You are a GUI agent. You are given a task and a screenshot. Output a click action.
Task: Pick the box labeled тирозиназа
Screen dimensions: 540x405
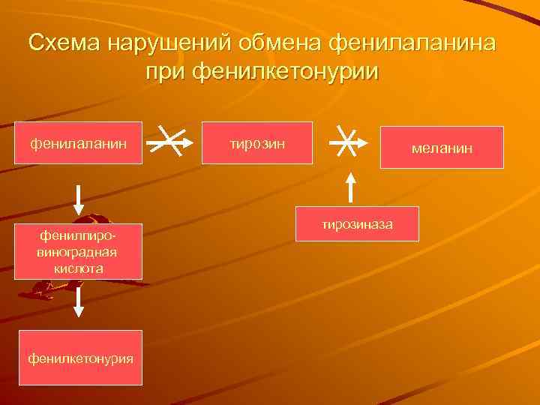point(357,224)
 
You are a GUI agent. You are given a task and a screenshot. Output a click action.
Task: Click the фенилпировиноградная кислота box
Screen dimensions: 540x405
point(79,251)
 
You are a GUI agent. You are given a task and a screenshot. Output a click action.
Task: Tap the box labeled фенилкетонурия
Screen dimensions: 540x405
point(80,358)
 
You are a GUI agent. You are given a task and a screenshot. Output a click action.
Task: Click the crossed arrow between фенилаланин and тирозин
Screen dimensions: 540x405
point(172,140)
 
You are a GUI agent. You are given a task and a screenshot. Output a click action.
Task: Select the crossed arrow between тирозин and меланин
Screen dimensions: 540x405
point(346,140)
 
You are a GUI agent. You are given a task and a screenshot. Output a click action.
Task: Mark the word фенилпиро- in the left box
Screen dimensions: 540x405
point(79,236)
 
